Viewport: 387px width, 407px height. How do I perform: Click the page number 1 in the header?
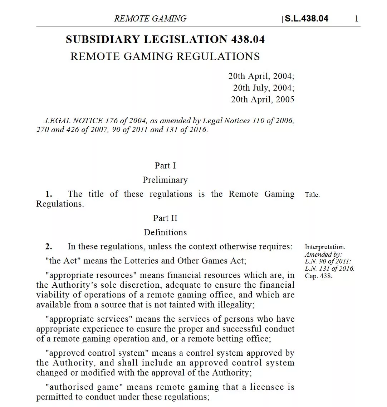(x=356, y=19)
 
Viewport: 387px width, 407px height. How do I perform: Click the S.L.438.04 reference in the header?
(x=306, y=19)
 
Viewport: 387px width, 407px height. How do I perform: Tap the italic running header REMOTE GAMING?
(x=150, y=19)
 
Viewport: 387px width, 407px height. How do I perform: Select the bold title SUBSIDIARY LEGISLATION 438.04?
(x=165, y=39)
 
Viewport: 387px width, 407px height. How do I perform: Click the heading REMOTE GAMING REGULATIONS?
(x=165, y=56)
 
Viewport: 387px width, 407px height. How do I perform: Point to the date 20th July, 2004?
(x=264, y=88)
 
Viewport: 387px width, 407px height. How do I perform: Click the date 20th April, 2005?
(x=263, y=100)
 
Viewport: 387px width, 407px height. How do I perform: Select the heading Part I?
(x=165, y=165)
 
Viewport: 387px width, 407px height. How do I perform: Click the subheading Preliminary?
(x=165, y=180)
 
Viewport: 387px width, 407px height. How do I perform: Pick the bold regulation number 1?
(x=49, y=194)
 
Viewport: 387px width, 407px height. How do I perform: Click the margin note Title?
(x=312, y=195)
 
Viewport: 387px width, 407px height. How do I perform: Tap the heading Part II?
(x=165, y=218)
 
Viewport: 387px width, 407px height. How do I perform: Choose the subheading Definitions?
(x=165, y=232)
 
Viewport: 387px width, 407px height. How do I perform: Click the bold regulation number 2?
(x=49, y=246)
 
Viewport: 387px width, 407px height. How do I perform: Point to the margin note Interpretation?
(x=325, y=247)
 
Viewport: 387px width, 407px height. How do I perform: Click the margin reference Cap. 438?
(x=318, y=276)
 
